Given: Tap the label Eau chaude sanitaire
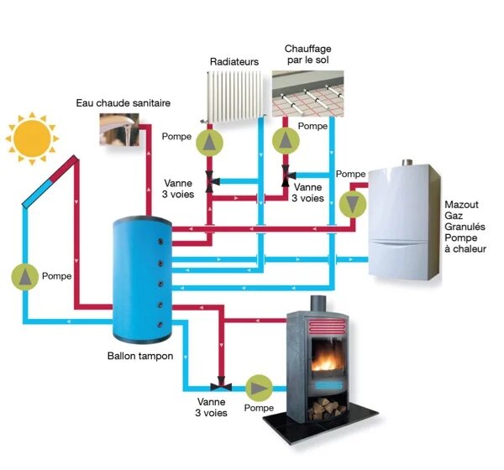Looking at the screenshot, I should (x=123, y=103).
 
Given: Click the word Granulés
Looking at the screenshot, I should (x=468, y=227).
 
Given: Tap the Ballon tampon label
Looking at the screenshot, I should (x=140, y=357).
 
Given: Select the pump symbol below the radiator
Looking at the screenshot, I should (x=207, y=142).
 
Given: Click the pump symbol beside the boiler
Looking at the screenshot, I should (x=352, y=202).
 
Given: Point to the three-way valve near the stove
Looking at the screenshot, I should (x=220, y=387).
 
